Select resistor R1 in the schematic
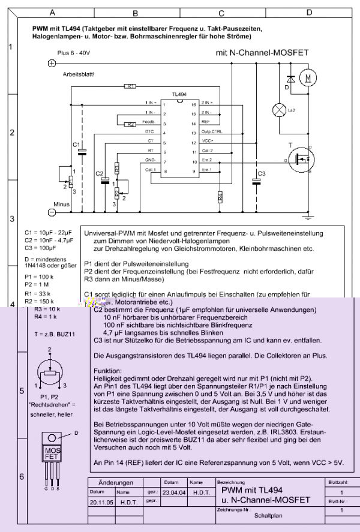tap(130, 86)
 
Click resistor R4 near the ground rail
tap(220, 196)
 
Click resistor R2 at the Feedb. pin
tap(130, 124)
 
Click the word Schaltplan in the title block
tap(268, 515)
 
